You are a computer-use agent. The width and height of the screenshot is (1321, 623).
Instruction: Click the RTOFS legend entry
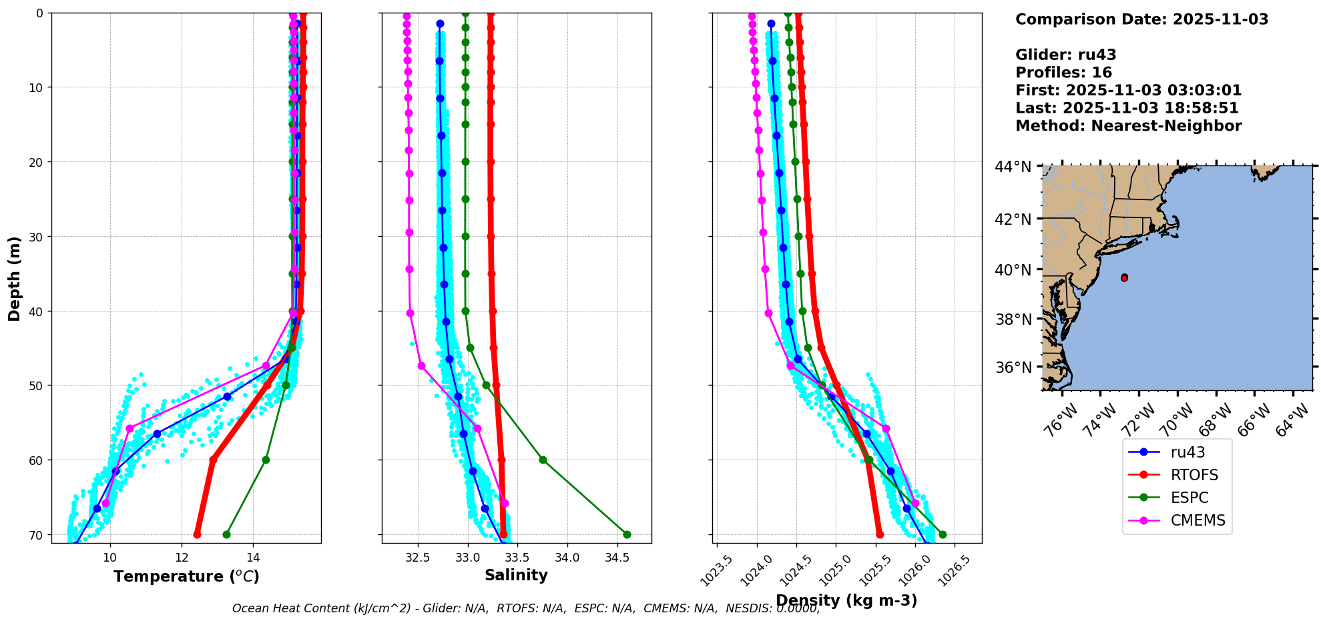[x=1194, y=475]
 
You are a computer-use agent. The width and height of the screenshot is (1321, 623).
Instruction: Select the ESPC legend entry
[x=1189, y=498]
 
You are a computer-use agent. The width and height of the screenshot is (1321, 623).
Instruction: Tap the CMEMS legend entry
[x=1198, y=520]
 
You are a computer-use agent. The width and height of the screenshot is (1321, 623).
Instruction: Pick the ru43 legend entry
[x=1187, y=452]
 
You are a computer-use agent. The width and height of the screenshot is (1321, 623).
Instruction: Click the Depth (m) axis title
[x=14, y=278]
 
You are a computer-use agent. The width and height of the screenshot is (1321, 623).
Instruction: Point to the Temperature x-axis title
[x=186, y=576]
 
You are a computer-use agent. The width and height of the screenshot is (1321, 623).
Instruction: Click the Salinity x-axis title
[x=516, y=575]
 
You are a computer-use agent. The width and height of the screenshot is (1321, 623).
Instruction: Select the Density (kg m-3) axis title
[x=846, y=600]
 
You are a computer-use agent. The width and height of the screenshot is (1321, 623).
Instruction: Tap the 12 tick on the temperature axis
[x=182, y=558]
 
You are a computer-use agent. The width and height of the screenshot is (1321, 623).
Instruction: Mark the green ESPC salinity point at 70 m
[x=627, y=534]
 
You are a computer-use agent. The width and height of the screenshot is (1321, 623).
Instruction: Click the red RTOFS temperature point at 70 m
[x=197, y=534]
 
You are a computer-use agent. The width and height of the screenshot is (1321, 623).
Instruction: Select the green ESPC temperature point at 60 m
[x=266, y=460]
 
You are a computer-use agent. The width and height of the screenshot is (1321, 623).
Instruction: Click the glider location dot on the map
[x=1124, y=277]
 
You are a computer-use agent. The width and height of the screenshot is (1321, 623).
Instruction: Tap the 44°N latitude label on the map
[x=1013, y=167]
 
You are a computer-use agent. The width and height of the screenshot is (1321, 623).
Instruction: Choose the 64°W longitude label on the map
[x=1293, y=421]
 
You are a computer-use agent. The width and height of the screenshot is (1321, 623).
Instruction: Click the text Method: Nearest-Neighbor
[x=1128, y=126]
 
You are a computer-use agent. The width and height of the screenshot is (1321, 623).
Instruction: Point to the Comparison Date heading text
[x=1141, y=19]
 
